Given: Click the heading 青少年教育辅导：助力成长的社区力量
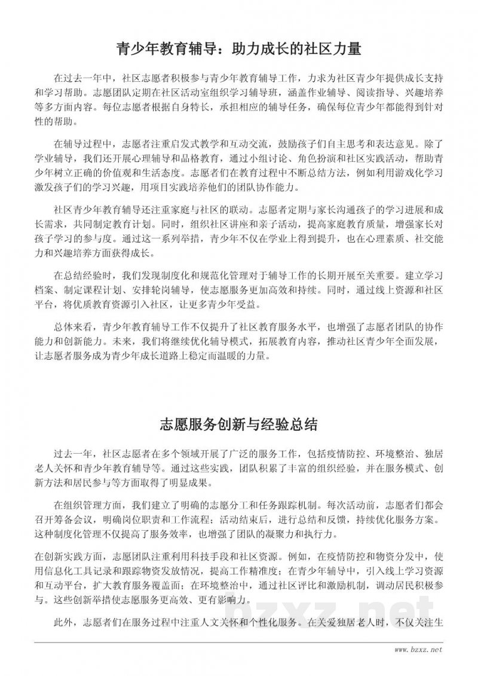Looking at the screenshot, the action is (x=238, y=48).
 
